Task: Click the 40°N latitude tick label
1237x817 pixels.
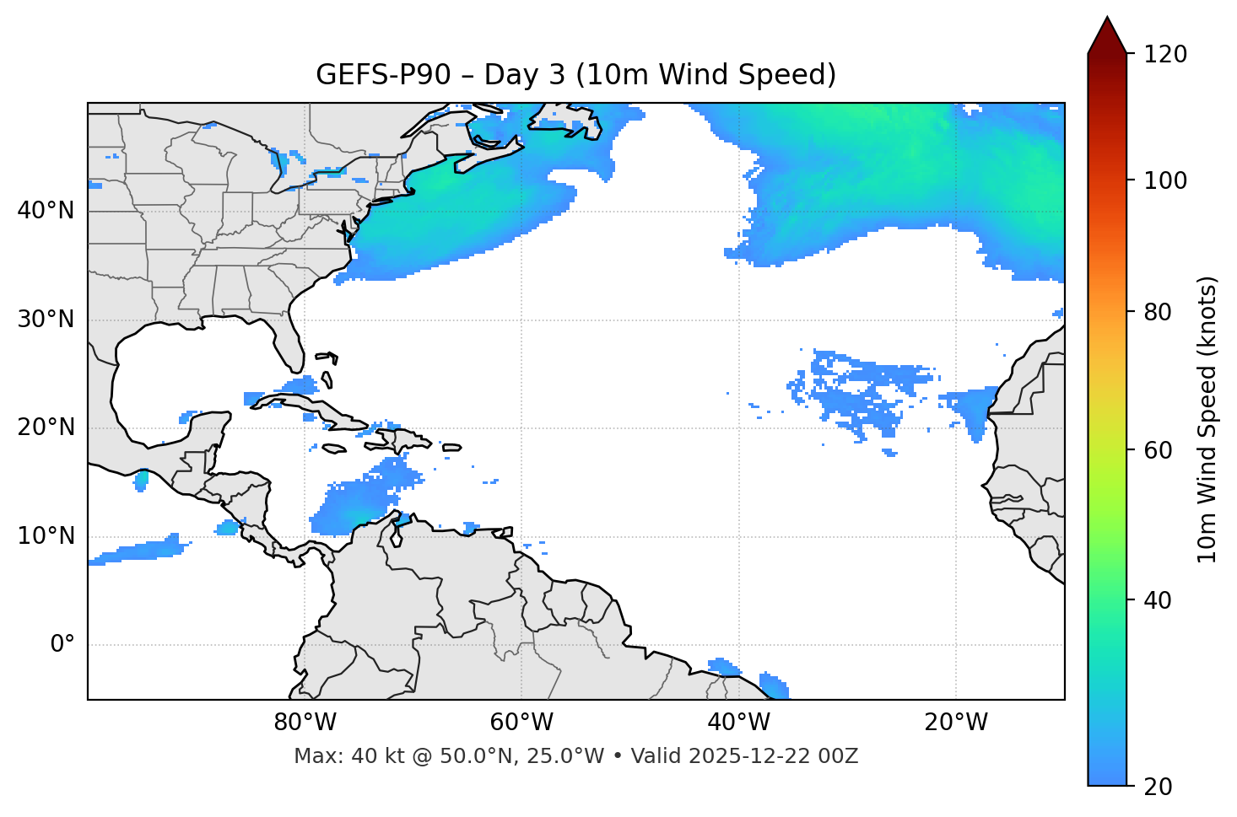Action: [x=46, y=211]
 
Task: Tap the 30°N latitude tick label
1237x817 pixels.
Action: [x=46, y=320]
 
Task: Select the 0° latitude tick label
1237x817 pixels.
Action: [x=62, y=645]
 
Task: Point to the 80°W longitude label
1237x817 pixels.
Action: [x=305, y=723]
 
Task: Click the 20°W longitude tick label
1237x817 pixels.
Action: [x=956, y=723]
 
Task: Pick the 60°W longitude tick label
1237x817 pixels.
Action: [x=521, y=723]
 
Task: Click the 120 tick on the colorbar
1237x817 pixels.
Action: [x=1165, y=54]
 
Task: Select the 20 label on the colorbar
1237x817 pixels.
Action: [x=1157, y=787]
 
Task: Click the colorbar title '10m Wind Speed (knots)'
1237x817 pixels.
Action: [x=1207, y=419]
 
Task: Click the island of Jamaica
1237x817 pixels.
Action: [x=334, y=449]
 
